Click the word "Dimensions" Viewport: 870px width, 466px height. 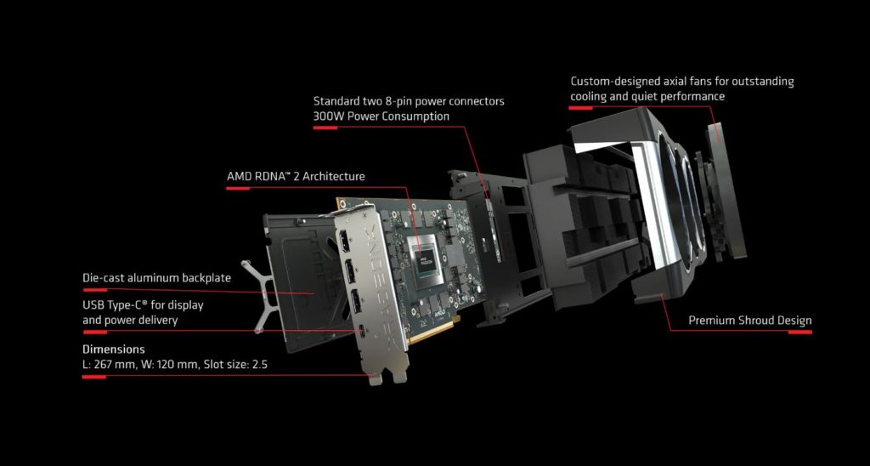tap(114, 349)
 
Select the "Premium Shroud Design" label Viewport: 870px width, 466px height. tap(750, 321)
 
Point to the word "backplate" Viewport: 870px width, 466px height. tap(205, 278)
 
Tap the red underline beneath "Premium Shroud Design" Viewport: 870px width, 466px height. tap(800, 332)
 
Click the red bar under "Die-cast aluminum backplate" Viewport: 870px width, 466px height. tap(94, 289)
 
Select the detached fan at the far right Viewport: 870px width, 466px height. tap(724, 191)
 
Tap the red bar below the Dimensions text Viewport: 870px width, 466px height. tap(93, 377)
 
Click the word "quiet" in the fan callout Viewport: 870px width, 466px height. tap(648, 96)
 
